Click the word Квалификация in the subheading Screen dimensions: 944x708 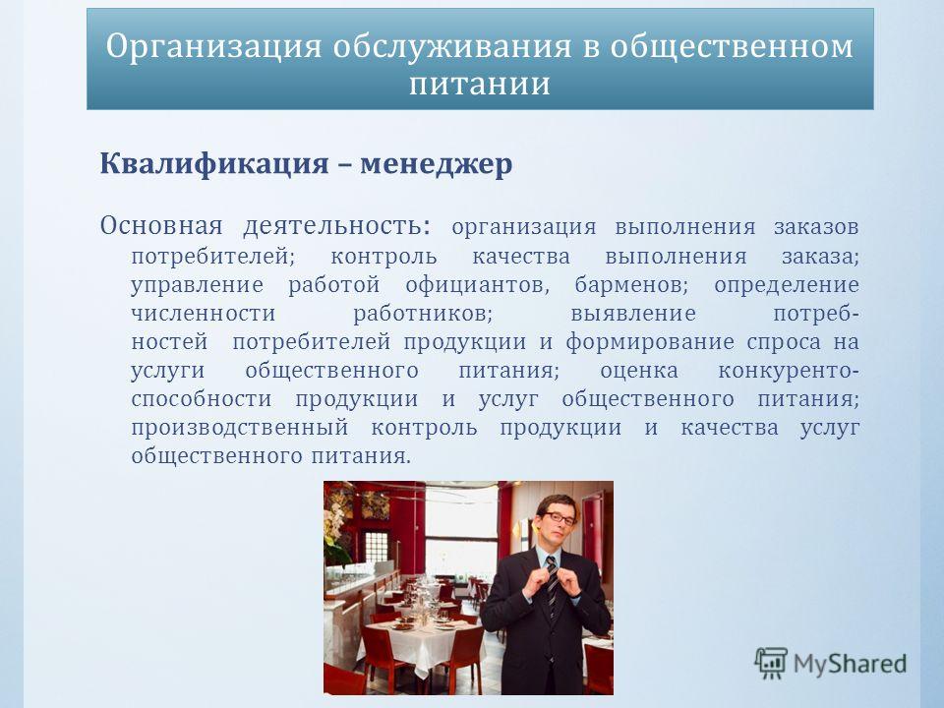[214, 164]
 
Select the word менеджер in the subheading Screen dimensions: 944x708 [437, 164]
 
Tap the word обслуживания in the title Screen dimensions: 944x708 [452, 47]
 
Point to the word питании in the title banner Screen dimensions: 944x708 [480, 84]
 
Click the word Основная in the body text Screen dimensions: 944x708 [161, 226]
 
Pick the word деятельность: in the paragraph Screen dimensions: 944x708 [337, 226]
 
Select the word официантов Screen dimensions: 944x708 [478, 285]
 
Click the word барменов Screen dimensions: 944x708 [631, 285]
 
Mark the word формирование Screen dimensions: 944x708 [650, 342]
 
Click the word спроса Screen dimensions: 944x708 [784, 343]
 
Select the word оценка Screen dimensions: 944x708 [639, 371]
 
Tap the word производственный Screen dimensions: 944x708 [240, 428]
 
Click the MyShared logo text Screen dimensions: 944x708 [850, 665]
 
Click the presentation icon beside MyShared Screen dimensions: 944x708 [771, 663]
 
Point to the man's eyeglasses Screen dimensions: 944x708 [560, 517]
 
